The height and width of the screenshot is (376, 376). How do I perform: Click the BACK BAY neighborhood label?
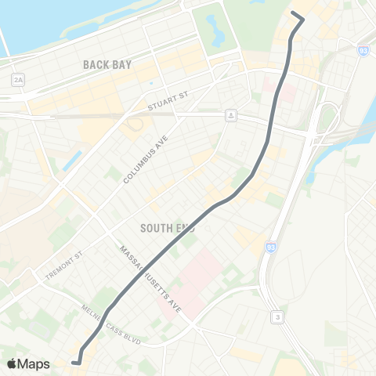[107, 65]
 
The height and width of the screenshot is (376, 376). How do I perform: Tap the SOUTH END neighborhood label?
[167, 228]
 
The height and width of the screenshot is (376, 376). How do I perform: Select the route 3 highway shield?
[277, 316]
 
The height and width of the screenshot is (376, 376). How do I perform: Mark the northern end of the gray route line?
[292, 14]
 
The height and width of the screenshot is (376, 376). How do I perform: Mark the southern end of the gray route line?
[73, 362]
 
